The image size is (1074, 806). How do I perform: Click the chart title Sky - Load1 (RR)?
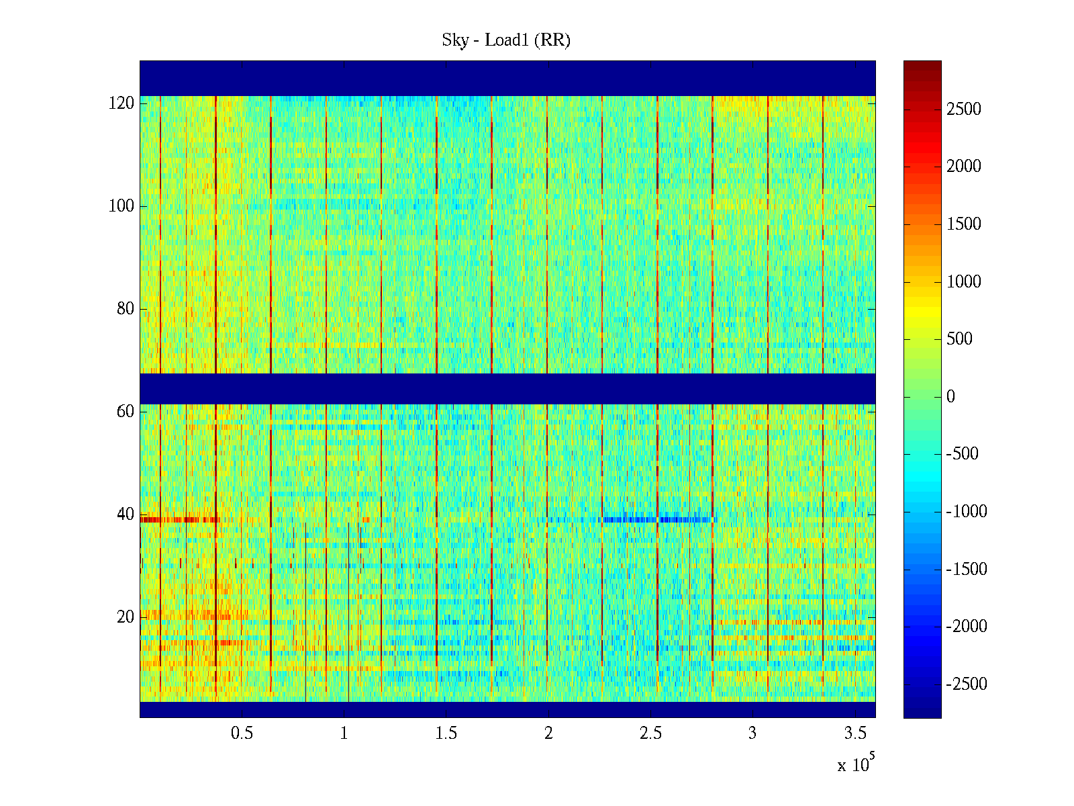coord(506,40)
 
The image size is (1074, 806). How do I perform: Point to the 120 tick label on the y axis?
coord(121,103)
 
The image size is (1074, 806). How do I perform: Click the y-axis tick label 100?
coord(121,206)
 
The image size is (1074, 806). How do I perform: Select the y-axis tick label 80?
coord(126,309)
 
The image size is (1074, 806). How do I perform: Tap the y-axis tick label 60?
coord(126,412)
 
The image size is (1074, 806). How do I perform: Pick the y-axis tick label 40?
coord(126,514)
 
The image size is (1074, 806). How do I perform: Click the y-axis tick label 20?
coord(126,617)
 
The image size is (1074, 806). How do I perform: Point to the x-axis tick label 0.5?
coord(242,733)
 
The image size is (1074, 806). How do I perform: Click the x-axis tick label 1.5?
coord(446,733)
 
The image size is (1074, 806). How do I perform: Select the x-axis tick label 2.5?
coord(650,733)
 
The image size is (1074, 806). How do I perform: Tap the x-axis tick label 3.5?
coord(855,733)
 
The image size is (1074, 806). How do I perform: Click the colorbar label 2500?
coord(964,109)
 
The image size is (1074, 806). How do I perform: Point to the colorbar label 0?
coord(950,397)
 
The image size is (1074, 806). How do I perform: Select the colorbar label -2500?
coord(967,684)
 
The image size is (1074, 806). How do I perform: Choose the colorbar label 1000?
coord(964,282)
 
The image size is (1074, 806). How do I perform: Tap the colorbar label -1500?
coord(967,570)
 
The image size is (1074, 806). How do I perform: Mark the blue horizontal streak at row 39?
coord(658,520)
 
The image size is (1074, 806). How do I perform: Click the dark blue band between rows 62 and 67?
coord(507,389)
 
